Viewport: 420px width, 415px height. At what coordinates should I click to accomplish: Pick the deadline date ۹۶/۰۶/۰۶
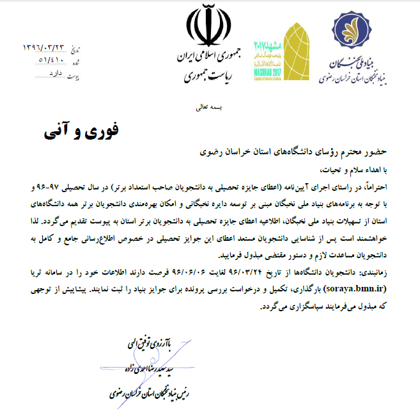point(166,272)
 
